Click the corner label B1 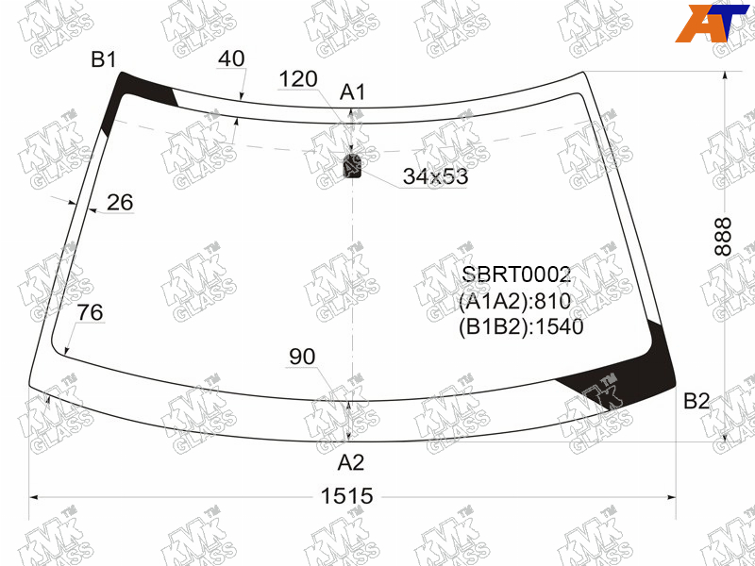tap(104, 60)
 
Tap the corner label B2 tap(696, 401)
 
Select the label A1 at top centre tap(353, 92)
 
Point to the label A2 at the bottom tap(351, 462)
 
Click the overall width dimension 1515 tap(346, 496)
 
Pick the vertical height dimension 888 tap(723, 237)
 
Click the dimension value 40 tap(231, 58)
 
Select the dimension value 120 tap(298, 79)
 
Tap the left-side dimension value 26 tap(120, 202)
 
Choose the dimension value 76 tap(90, 312)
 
